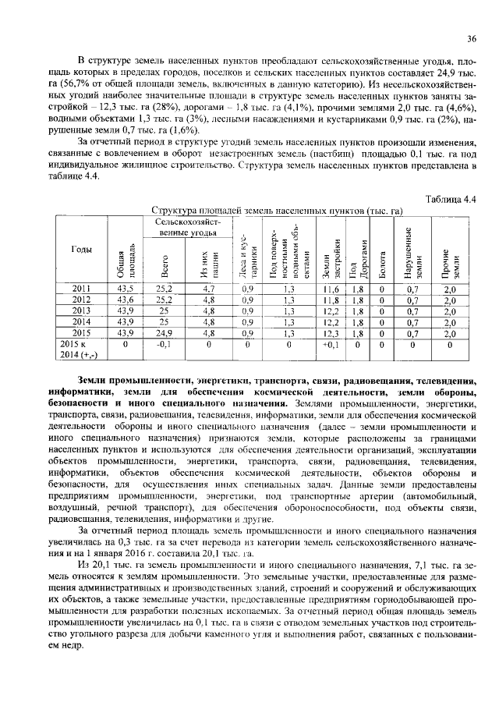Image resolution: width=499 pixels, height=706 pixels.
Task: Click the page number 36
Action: (471, 38)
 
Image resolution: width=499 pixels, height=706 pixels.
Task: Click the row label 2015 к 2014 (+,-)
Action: (83, 347)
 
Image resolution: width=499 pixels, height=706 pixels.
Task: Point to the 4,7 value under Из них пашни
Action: (208, 288)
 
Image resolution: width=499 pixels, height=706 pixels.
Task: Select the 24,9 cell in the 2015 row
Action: (164, 332)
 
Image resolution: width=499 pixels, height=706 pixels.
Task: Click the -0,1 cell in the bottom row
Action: (164, 342)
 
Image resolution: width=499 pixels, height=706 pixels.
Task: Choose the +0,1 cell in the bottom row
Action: (330, 342)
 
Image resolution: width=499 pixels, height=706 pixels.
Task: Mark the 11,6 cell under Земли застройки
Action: (330, 288)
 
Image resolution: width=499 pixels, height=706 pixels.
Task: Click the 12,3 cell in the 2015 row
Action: (330, 332)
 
